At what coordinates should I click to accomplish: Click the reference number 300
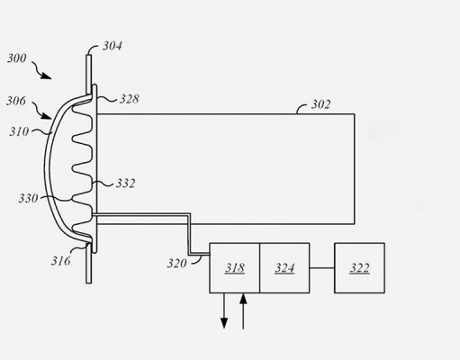click(17, 58)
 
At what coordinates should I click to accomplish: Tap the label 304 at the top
click(113, 46)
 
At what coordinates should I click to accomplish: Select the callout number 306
click(16, 101)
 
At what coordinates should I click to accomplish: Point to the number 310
click(19, 131)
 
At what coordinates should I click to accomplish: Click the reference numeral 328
click(130, 99)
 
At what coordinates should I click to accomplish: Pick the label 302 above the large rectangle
click(320, 104)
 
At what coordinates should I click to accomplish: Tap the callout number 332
click(125, 184)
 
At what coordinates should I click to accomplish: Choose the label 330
click(28, 198)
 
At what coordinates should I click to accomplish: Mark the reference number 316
click(61, 261)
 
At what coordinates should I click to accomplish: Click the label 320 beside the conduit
click(177, 264)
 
